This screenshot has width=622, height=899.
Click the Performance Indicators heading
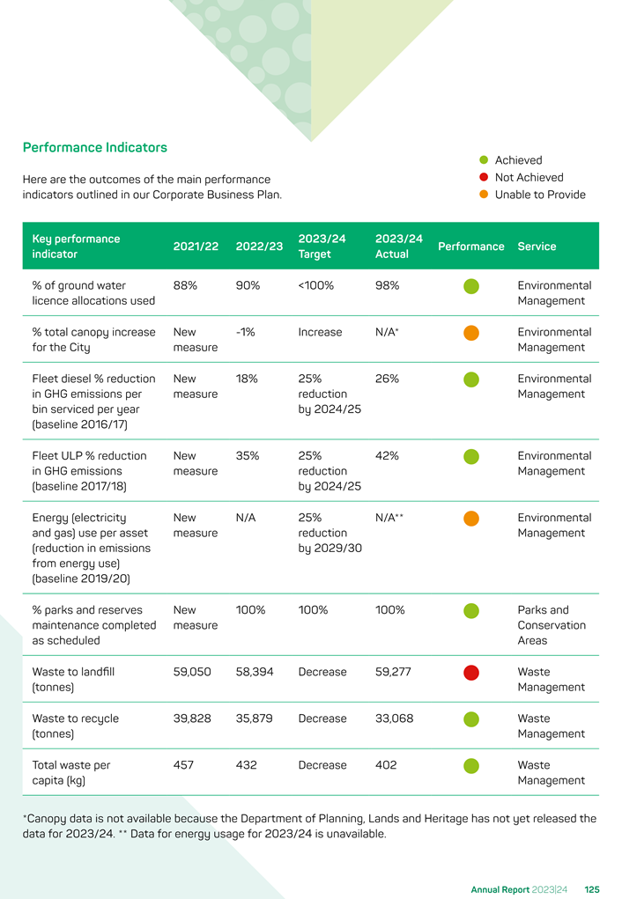94,147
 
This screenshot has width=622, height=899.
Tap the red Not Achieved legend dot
484,177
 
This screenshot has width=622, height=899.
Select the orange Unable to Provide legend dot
484,195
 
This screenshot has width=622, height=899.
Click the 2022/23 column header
259,246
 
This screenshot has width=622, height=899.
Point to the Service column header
537,246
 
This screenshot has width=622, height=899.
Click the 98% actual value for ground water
388,285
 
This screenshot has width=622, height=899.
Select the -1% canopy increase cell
246,332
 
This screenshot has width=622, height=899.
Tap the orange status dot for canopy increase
471,333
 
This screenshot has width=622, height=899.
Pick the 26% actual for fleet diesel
388,379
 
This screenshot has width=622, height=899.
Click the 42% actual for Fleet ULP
388,456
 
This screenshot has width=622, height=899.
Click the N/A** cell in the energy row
389,517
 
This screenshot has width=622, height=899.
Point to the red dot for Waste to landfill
471,673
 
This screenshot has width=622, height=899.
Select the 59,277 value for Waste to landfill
393,671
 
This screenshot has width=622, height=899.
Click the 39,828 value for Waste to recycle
192,718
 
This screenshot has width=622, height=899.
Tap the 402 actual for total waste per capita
386,765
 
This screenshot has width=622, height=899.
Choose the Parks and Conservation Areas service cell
552,625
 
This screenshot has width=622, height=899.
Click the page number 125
592,890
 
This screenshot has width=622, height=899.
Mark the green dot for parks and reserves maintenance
471,610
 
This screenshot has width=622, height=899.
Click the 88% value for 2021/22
185,285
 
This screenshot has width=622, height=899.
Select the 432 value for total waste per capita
246,765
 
